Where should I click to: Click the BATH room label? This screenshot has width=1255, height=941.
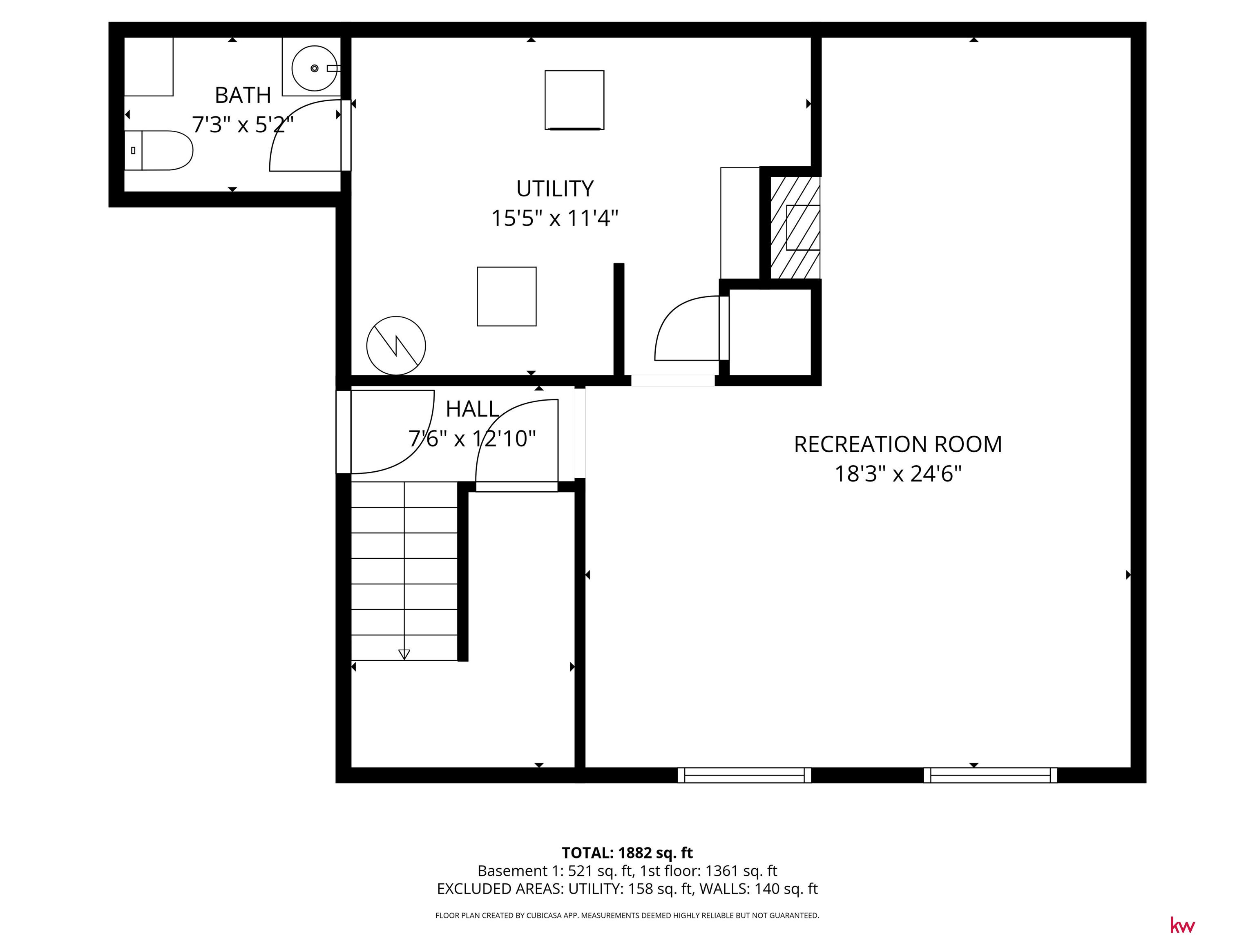coord(243,95)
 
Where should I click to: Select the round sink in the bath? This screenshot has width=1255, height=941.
coord(314,68)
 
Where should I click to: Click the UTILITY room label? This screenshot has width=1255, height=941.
coord(555,188)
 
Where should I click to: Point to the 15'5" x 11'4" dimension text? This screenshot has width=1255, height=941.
coord(555,218)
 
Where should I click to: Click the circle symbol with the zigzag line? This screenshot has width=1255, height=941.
coord(396,346)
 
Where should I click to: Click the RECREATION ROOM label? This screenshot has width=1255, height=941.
coord(898,444)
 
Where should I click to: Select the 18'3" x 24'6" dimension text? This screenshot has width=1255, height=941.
coord(898,474)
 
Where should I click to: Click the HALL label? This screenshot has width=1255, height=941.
coord(472,408)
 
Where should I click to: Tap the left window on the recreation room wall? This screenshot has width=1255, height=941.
coord(744,775)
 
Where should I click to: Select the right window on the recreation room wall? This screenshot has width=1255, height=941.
coord(991,775)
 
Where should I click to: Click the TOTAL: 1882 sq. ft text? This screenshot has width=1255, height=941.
coord(627,852)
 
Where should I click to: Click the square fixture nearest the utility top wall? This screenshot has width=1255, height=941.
coord(574,100)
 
